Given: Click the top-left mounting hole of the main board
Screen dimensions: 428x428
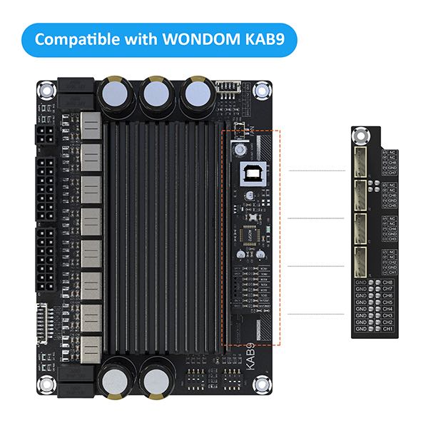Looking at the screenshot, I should tap(46, 91).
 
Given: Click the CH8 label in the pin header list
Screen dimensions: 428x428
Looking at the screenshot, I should tap(388, 282).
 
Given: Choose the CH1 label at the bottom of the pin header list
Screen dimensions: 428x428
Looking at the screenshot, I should tap(388, 329).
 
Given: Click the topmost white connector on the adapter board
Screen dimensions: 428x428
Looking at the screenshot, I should tap(361, 163).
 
